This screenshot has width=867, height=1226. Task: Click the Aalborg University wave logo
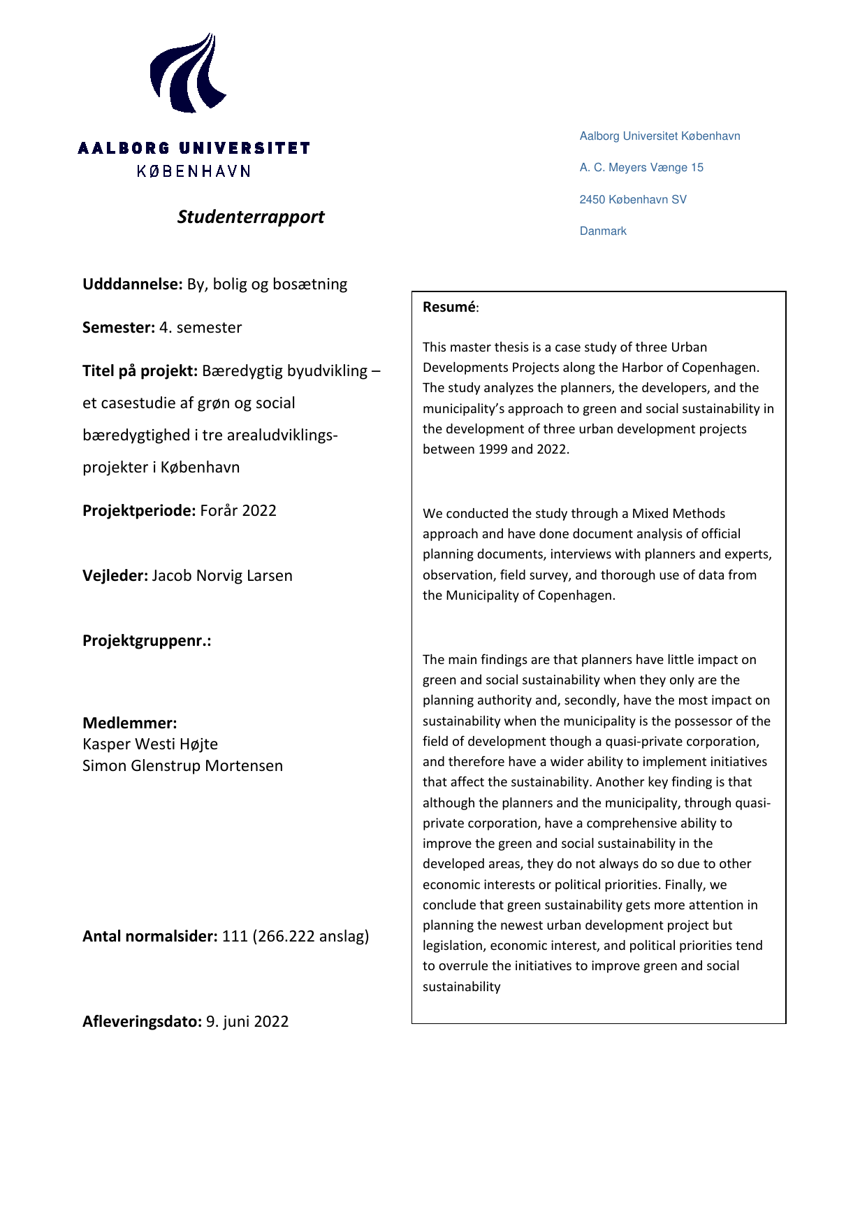pyautogui.click(x=187, y=73)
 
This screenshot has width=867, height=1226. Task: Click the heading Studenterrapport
pyautogui.click(x=251, y=217)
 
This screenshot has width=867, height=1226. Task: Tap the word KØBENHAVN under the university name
pyautogui.click(x=194, y=171)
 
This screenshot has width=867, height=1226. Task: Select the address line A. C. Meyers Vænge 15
pyautogui.click(x=641, y=168)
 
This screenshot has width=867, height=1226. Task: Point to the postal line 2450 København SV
pyautogui.click(x=633, y=200)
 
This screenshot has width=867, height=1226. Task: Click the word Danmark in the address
pyautogui.click(x=603, y=231)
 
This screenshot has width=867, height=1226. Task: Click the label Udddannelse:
pyautogui.click(x=133, y=284)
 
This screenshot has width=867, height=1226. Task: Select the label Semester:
pyautogui.click(x=119, y=328)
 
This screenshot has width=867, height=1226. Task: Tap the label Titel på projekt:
pyautogui.click(x=140, y=371)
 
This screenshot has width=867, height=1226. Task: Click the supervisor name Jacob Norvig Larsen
pyautogui.click(x=222, y=576)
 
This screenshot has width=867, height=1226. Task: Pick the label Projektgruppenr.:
pyautogui.click(x=147, y=641)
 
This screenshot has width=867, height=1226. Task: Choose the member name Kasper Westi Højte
pyautogui.click(x=150, y=744)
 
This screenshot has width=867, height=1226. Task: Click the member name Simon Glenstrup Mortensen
pyautogui.click(x=182, y=766)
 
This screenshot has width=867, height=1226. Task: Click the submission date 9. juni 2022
pyautogui.click(x=247, y=1022)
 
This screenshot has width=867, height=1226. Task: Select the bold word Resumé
pyautogui.click(x=449, y=307)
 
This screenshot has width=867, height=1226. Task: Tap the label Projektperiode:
pyautogui.click(x=139, y=511)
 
